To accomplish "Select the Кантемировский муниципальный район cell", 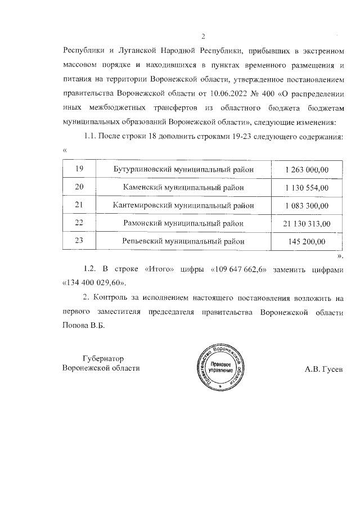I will click(184, 205).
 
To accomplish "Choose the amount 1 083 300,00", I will click(307, 205).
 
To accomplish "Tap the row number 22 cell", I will click(79, 223).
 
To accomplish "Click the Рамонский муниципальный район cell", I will click(184, 223).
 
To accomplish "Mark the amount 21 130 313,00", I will click(307, 223).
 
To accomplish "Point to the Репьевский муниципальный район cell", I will click(184, 241).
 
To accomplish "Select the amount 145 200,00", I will click(307, 241).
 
